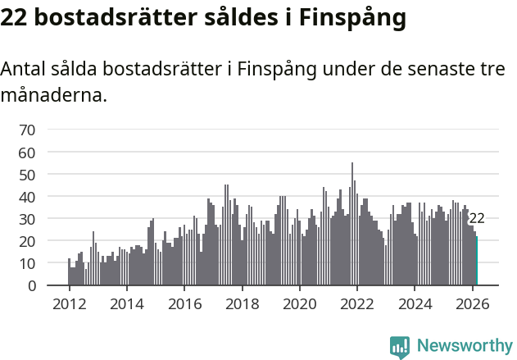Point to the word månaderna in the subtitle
point(53,96)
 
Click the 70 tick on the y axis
point(27,130)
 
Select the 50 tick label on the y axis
point(27,175)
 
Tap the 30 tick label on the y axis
point(27,219)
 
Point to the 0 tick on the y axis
point(31,286)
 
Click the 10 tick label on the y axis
point(27,264)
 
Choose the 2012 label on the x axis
point(69,303)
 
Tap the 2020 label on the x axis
point(299,303)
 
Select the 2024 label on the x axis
point(415,303)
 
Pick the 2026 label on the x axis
point(472,303)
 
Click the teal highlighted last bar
point(477,262)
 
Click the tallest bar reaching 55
point(352,226)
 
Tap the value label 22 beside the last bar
point(477,219)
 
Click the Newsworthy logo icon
point(400,347)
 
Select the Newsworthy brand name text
point(464,346)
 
